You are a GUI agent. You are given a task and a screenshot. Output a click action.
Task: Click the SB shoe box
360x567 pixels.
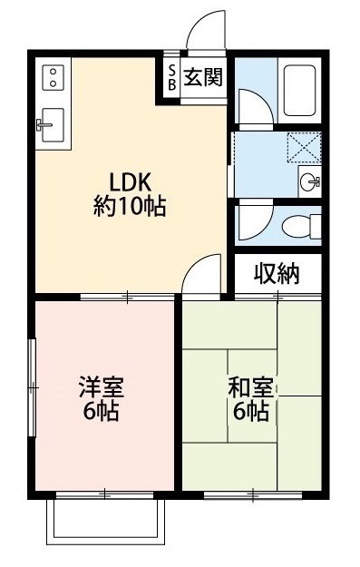[x=170, y=77]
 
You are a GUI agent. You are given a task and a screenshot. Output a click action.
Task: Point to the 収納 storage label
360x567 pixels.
[x=276, y=273]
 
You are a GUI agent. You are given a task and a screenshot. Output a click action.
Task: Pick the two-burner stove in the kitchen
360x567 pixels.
[x=50, y=77]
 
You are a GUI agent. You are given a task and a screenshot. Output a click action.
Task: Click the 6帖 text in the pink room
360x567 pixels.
[x=99, y=412]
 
